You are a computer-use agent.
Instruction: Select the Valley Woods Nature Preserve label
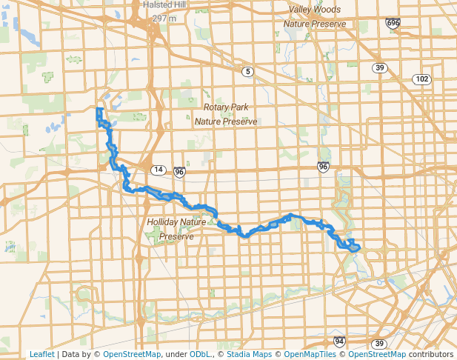coord(315,17)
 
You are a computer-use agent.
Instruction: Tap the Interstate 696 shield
coord(393,24)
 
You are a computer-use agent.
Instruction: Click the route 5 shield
coord(247,71)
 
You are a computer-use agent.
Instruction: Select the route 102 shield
coord(422,79)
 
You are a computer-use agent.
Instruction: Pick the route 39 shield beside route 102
coord(380,68)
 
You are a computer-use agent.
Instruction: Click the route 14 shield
coord(158,170)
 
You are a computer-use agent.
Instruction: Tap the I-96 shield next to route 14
coord(179,172)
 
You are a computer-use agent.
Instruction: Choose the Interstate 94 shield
coord(339,341)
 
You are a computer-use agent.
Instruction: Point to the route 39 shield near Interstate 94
coord(378,344)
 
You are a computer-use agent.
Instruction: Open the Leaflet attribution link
coord(41,354)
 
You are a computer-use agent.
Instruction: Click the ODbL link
coord(200,354)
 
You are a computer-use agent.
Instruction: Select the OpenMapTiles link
coord(310,354)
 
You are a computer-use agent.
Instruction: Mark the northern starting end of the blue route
coord(99,110)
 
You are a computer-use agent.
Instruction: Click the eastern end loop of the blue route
coord(353,247)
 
